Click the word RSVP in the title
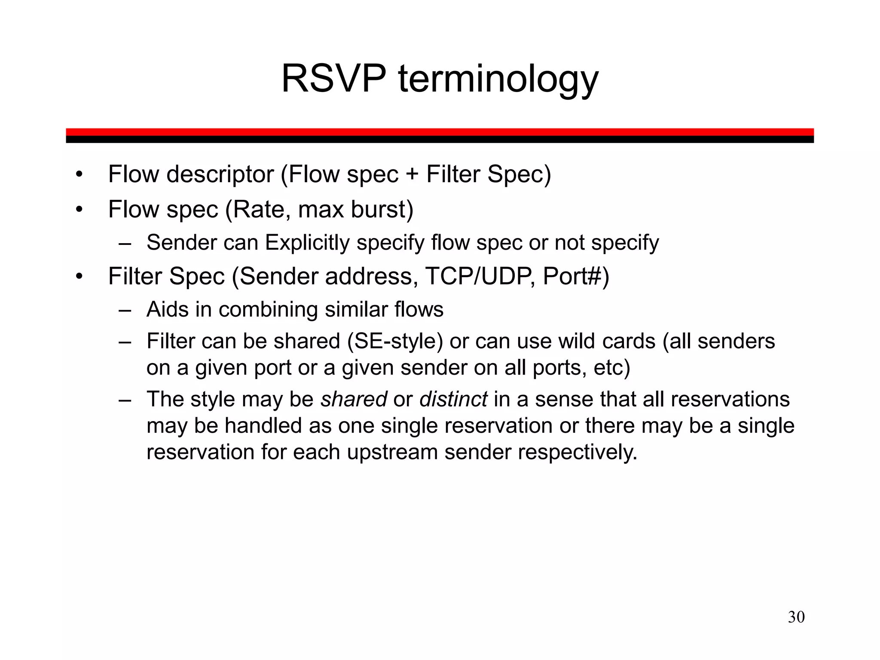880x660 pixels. coord(333,79)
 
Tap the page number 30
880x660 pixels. coord(796,617)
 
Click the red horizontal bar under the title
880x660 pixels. coord(440,131)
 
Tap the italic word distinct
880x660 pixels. coord(453,399)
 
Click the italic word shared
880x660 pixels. coord(354,399)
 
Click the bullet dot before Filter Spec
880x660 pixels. coord(78,276)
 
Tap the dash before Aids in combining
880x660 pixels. coord(125,310)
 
